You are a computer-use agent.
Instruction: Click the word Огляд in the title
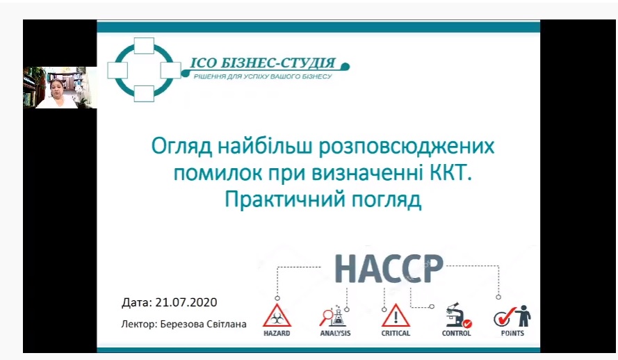coord(181,147)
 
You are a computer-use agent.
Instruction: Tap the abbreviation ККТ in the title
coord(451,173)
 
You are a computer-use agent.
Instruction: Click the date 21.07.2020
coord(186,302)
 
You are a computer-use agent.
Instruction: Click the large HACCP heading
coord(389,269)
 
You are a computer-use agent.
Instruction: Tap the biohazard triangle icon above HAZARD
coord(277,315)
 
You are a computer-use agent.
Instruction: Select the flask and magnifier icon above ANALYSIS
coord(334,316)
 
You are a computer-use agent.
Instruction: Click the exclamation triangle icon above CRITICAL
coord(396,315)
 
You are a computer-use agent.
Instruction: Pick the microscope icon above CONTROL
coord(457,315)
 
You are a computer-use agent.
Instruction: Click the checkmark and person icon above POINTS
coord(512,316)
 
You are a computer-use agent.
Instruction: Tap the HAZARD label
coord(277,333)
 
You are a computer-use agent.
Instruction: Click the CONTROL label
coord(457,333)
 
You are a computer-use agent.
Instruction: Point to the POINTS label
coord(512,333)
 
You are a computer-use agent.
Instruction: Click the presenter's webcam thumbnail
coord(60,88)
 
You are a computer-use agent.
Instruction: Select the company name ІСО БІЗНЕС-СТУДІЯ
coord(263,63)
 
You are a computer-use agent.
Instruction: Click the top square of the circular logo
coord(144,46)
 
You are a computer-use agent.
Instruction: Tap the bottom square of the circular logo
coord(144,94)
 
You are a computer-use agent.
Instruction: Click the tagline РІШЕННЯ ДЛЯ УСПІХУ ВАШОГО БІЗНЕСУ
coord(263,76)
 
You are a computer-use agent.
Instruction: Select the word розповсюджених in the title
coord(407,147)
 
